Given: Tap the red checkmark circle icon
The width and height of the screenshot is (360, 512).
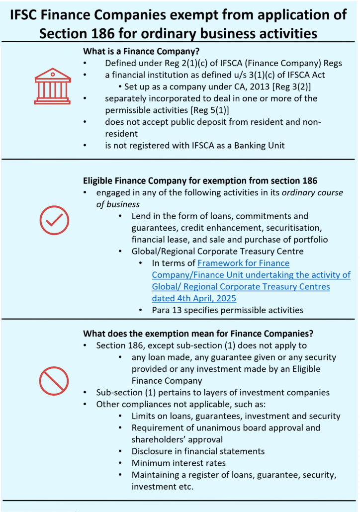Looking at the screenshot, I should [54, 219].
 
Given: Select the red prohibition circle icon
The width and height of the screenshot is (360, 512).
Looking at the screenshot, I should [54, 381].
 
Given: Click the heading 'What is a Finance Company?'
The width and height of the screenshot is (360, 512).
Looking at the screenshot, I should [141, 51].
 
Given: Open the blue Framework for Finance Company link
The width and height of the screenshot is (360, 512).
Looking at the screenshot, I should [251, 275].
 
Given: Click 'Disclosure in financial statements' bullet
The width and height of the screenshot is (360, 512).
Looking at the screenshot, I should [198, 451].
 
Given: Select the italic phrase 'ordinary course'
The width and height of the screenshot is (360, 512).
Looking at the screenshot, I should [312, 192].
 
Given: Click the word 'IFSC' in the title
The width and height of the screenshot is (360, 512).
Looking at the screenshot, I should [32, 14].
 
